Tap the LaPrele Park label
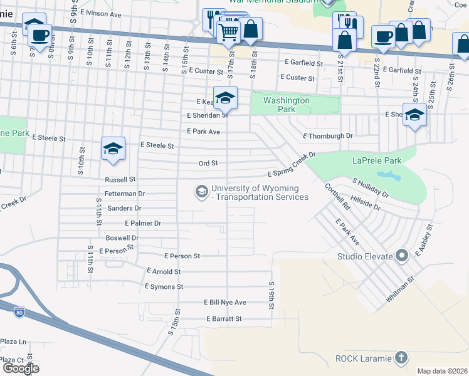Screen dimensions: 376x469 376,160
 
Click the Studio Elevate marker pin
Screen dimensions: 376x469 402,256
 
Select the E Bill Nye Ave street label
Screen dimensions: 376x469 225,302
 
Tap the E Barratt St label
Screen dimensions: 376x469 224,318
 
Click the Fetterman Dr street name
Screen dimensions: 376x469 125,194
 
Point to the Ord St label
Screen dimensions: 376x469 208,163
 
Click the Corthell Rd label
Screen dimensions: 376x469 337,196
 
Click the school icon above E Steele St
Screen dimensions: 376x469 113,149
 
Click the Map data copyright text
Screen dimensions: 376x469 441,371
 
